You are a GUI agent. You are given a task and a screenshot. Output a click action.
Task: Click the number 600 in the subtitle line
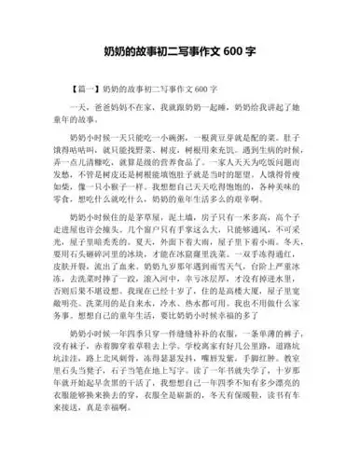click(198, 89)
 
